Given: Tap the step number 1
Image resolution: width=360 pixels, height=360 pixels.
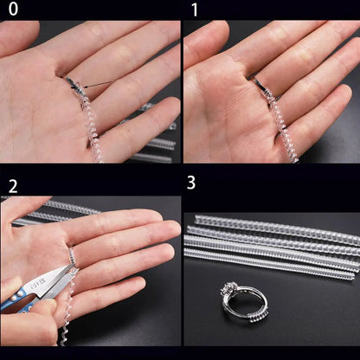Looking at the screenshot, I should [x=194, y=10].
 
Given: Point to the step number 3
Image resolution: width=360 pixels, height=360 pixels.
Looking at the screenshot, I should [x=191, y=183].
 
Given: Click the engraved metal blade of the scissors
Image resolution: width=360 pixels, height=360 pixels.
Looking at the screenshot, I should [x=48, y=279].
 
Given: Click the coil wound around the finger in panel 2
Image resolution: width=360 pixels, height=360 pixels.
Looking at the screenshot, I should [x=73, y=254].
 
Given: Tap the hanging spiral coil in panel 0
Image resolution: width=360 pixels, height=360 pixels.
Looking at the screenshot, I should [x=92, y=130].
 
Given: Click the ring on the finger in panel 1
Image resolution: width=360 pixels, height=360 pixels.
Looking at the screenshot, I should [x=257, y=81].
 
